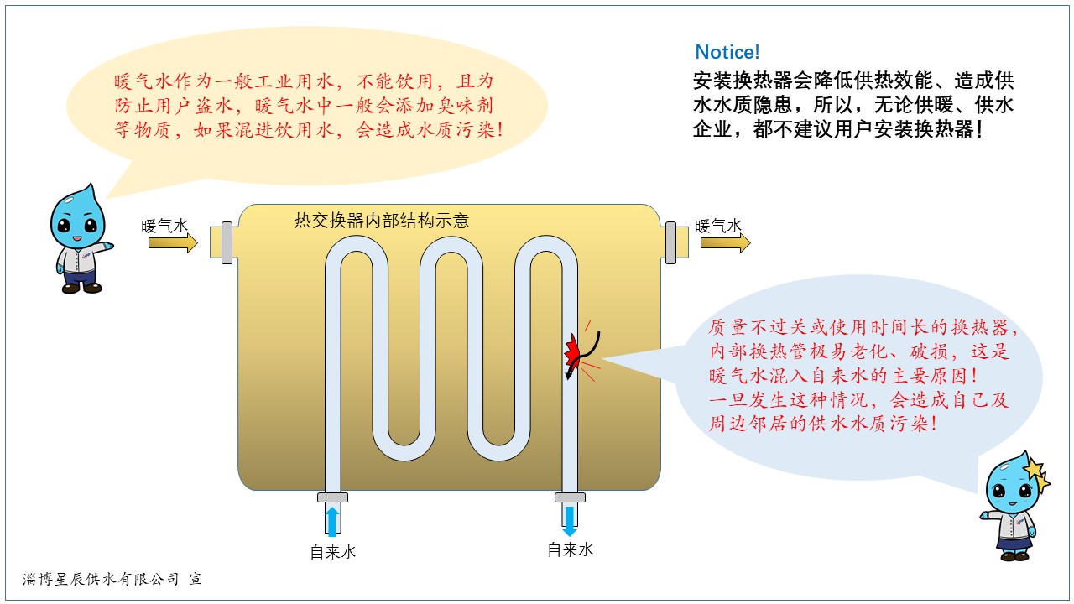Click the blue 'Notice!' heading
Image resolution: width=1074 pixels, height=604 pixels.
pos(727,52)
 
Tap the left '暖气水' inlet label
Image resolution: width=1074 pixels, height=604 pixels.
pos(165,226)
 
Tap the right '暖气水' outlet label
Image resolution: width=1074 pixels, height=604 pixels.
pos(719,226)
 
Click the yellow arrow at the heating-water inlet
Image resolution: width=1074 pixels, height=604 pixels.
pos(173,243)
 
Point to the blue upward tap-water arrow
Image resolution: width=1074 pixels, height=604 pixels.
pos(332,521)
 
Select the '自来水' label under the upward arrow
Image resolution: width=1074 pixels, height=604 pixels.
pos(333,552)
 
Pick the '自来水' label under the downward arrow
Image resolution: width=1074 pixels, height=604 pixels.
pos(571,550)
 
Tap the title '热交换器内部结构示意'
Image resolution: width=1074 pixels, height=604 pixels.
pos(381,221)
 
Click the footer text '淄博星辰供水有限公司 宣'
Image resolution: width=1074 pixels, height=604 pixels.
pos(112,579)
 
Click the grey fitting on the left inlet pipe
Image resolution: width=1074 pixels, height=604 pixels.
pos(227,243)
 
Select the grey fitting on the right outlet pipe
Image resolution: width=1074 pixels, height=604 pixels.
pos(671,243)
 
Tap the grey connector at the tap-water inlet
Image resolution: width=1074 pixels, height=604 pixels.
pos(332,497)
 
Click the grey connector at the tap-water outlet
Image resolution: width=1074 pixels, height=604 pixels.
pos(570,497)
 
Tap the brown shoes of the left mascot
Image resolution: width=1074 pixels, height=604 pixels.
pos(82,288)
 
